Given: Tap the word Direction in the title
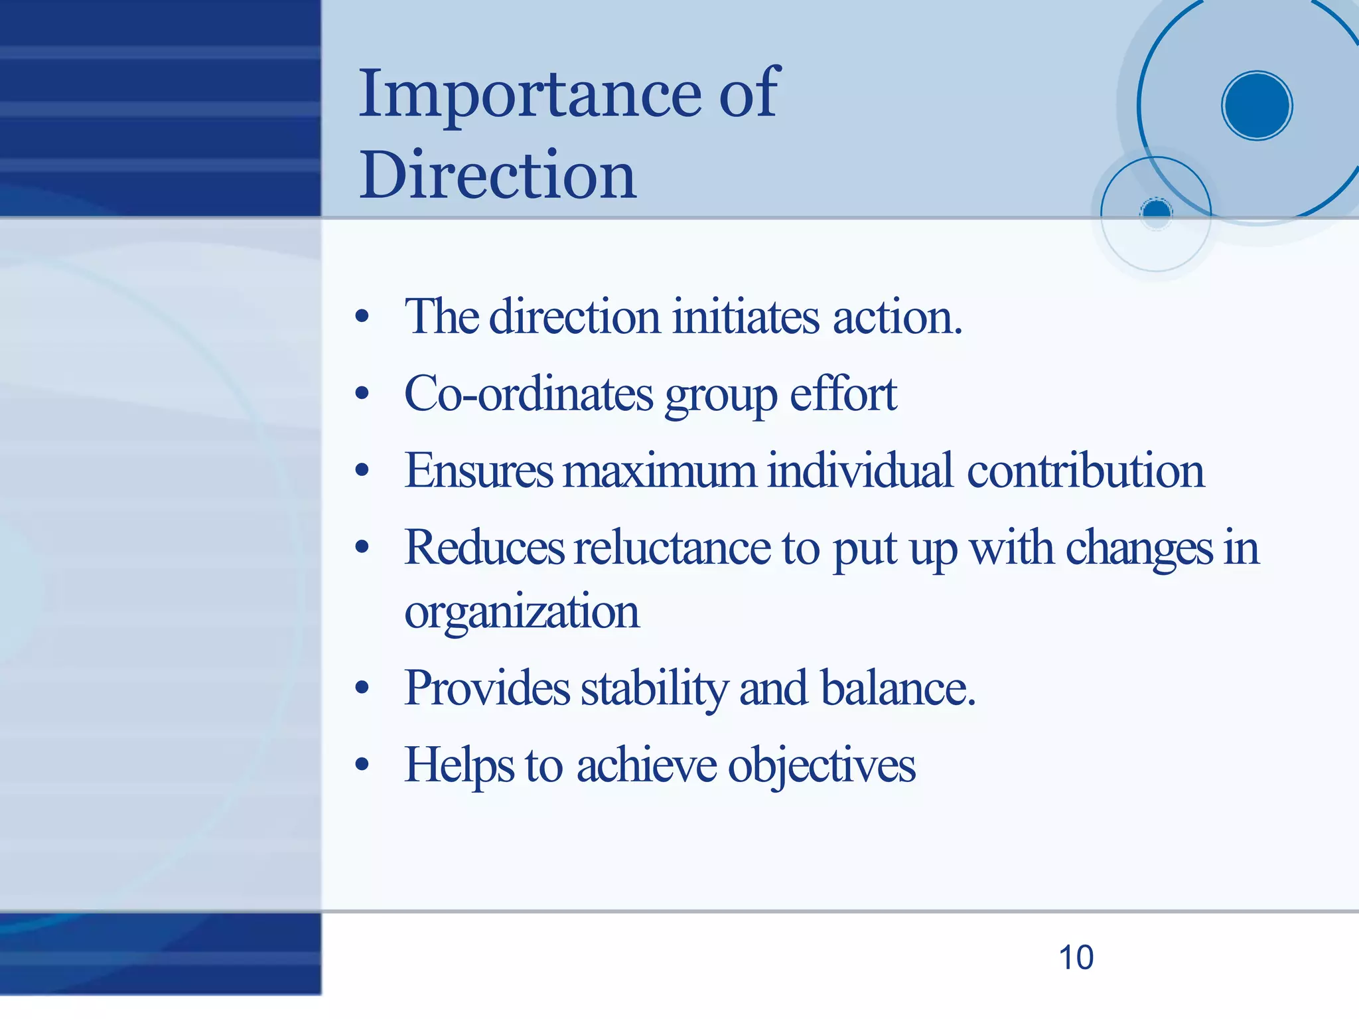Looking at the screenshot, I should pyautogui.click(x=498, y=175).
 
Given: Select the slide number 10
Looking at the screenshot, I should pyautogui.click(x=1076, y=957).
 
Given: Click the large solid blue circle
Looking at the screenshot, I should pyautogui.click(x=1256, y=106).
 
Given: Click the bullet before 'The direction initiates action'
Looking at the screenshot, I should pyautogui.click(x=362, y=317).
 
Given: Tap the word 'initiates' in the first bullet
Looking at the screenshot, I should pyautogui.click(x=746, y=317).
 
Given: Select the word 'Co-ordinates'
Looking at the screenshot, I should pyautogui.click(x=528, y=394).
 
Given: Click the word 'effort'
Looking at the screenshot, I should pyautogui.click(x=843, y=394).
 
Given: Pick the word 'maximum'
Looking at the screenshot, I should pyautogui.click(x=660, y=471).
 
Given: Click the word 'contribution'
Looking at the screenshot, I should pyautogui.click(x=1085, y=471).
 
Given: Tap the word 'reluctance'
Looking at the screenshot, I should pyautogui.click(x=672, y=548).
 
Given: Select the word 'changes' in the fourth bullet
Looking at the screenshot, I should pyautogui.click(x=1139, y=548).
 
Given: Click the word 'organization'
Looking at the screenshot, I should pyautogui.click(x=522, y=612).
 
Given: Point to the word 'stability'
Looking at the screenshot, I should pyautogui.click(x=654, y=688).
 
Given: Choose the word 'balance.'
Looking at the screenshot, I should pyautogui.click(x=898, y=688).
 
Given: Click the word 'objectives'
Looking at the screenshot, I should pyautogui.click(x=822, y=765).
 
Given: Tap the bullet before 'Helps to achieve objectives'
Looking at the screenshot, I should pyautogui.click(x=362, y=765).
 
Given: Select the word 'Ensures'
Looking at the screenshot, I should pyautogui.click(x=478, y=471).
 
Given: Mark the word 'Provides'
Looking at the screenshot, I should pyautogui.click(x=486, y=688).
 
